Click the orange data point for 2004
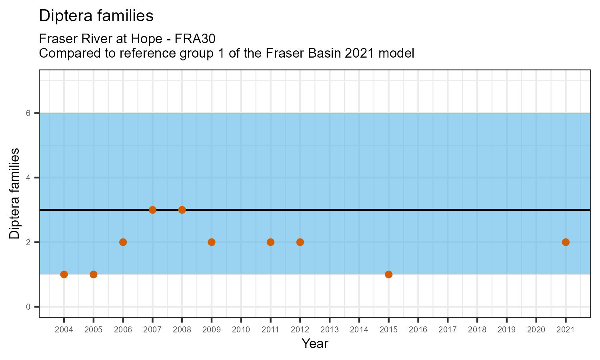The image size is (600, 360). tap(64, 274)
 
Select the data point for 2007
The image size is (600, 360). tap(152, 210)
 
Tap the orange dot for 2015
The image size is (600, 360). tap(388, 274)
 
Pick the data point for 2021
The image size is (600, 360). tap(566, 242)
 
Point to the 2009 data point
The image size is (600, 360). tap(212, 242)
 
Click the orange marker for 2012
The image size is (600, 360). tap(300, 242)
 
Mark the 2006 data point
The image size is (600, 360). tap(123, 242)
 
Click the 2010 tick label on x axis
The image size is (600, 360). tap(241, 330)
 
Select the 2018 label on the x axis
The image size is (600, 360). tap(477, 330)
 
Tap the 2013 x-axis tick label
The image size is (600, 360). tap(330, 330)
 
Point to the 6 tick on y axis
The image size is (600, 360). tap(28, 113)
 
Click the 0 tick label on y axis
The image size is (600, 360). tap(28, 307)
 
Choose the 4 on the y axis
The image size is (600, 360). tap(28, 178)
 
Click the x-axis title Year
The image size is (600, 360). tap(315, 344)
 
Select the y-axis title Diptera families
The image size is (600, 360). tap(14, 194)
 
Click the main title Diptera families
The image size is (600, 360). tap(96, 16)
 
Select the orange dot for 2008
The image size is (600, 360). tap(182, 210)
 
